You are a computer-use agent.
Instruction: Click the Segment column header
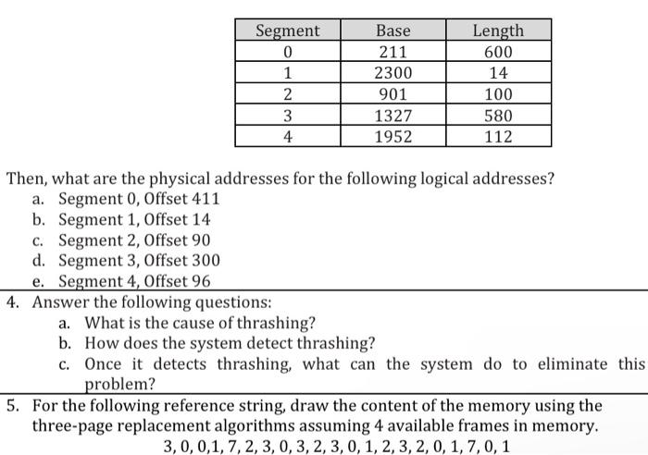(x=287, y=31)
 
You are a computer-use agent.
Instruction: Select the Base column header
(x=393, y=31)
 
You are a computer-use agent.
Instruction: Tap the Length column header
(x=498, y=31)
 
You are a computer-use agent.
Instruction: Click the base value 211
(x=393, y=52)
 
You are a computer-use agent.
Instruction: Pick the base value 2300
(x=393, y=73)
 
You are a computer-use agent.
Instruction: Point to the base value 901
(x=393, y=94)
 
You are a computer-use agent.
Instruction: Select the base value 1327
(x=393, y=116)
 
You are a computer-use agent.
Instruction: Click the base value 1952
(x=393, y=137)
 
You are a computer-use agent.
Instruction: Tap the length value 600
(x=498, y=52)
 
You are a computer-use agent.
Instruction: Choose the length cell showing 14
(x=498, y=73)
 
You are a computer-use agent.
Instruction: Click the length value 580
(x=498, y=116)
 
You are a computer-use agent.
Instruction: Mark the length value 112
(x=498, y=137)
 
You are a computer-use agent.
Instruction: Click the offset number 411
(x=204, y=199)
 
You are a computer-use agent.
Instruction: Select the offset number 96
(x=200, y=281)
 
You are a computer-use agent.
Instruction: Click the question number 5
(x=11, y=405)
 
